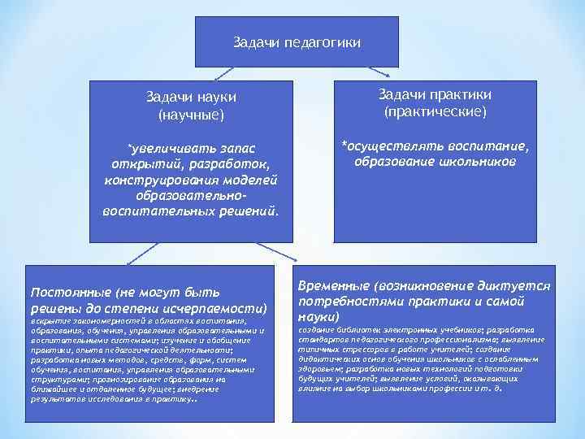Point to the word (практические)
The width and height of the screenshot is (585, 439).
pos(435,111)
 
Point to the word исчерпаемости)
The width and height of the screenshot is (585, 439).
pos(226,308)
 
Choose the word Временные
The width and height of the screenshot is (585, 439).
pos(334,287)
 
